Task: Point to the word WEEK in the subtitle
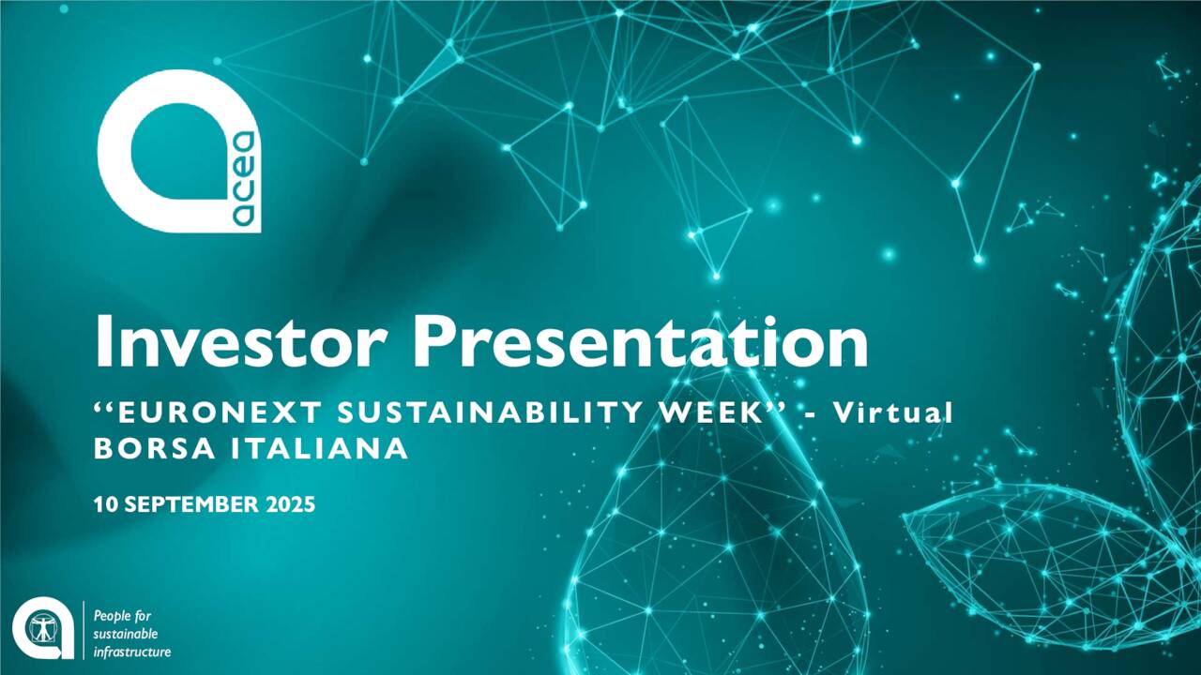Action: (711, 412)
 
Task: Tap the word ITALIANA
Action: (320, 448)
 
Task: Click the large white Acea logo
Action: (179, 151)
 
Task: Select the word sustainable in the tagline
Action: (126, 635)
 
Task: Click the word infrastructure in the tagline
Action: (132, 652)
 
